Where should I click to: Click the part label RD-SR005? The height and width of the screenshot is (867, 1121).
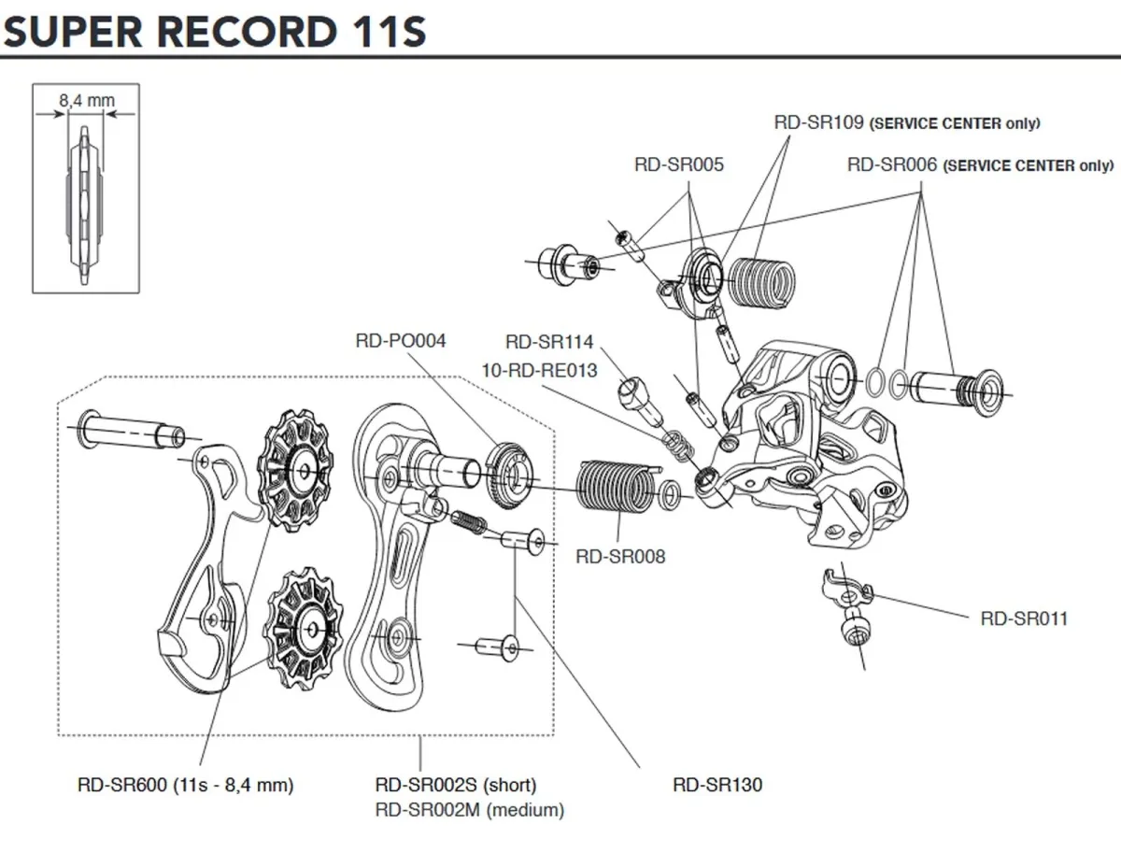point(678,164)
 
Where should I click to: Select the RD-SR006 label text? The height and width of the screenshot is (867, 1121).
point(892,164)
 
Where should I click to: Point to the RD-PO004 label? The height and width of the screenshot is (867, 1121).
point(400,341)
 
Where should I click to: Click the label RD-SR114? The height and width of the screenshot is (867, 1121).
point(549,343)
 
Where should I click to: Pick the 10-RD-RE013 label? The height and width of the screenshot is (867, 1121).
point(539,370)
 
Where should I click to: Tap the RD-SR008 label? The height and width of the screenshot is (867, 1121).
point(620,557)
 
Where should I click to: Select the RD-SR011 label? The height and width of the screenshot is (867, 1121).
point(1024,618)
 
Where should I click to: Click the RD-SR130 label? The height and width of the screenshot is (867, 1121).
point(717,785)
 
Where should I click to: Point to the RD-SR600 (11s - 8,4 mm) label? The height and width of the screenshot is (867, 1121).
point(185,785)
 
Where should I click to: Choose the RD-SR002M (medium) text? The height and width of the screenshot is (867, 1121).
point(469,810)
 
